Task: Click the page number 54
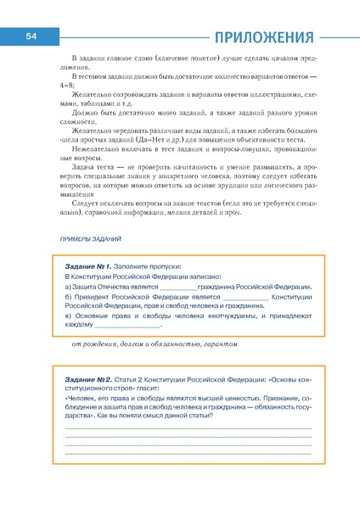click(30, 36)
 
